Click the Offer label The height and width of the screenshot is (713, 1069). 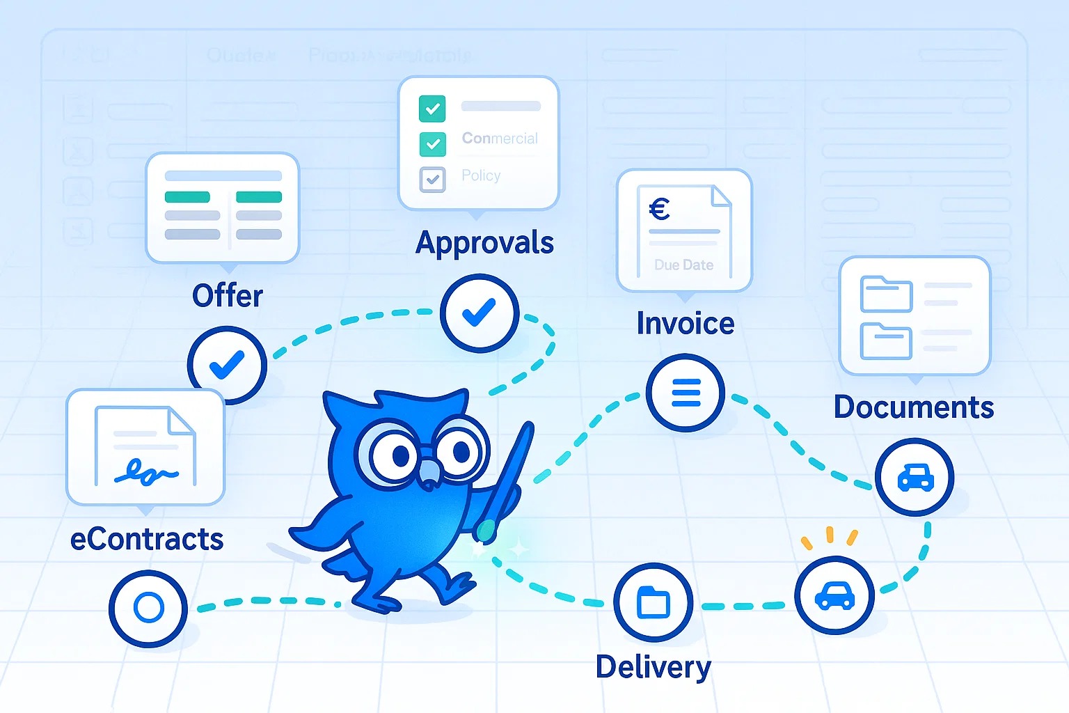pyautogui.click(x=228, y=296)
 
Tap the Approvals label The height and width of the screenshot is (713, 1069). pyautogui.click(x=484, y=244)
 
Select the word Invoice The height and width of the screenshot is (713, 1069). pyautogui.click(x=686, y=324)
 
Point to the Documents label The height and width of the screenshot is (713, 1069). pyautogui.click(x=914, y=407)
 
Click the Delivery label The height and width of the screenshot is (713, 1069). pyautogui.click(x=654, y=667)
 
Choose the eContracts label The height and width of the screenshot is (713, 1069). pyautogui.click(x=147, y=540)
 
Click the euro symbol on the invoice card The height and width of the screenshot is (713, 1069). pyautogui.click(x=659, y=209)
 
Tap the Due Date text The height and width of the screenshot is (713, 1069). pyautogui.click(x=683, y=265)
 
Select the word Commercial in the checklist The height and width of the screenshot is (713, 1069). pyautogui.click(x=500, y=139)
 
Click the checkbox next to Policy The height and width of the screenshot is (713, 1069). pyautogui.click(x=432, y=179)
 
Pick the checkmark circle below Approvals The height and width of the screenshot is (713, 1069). pyautogui.click(x=480, y=313)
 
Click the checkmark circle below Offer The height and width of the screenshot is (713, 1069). pyautogui.click(x=227, y=365)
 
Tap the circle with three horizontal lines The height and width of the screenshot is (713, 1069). pyautogui.click(x=686, y=393)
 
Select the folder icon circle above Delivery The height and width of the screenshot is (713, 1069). pyautogui.click(x=654, y=602)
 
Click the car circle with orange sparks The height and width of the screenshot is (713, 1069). pyautogui.click(x=834, y=595)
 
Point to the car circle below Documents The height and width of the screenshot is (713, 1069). pyautogui.click(x=914, y=477)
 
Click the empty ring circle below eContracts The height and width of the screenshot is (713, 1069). pyautogui.click(x=148, y=608)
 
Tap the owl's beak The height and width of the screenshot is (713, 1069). pyautogui.click(x=429, y=473)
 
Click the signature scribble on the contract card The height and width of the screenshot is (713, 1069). pyautogui.click(x=145, y=473)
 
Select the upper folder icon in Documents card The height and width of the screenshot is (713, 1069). pyautogui.click(x=886, y=294)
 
